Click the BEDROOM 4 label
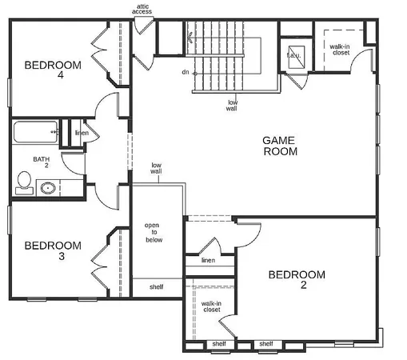pyautogui.click(x=53, y=71)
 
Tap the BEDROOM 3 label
pyautogui.click(x=53, y=251)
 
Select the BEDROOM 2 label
pyautogui.click(x=297, y=281)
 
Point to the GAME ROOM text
pyautogui.click(x=280, y=146)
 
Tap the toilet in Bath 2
pyautogui.click(x=23, y=185)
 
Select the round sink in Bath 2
pyautogui.click(x=48, y=189)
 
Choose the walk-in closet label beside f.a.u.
pyautogui.click(x=339, y=51)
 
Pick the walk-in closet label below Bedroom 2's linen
pyautogui.click(x=211, y=307)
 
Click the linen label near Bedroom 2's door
pyautogui.click(x=208, y=261)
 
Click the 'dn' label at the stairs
pyautogui.click(x=185, y=73)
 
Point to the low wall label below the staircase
pyautogui.click(x=233, y=106)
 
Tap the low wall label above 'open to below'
pyautogui.click(x=157, y=168)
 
